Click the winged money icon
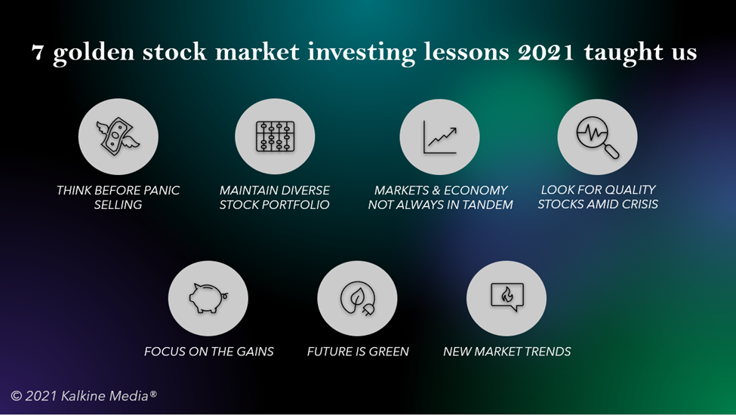(x=118, y=136)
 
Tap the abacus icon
(x=275, y=137)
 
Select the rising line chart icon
(x=440, y=137)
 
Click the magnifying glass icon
(x=598, y=137)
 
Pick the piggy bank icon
(x=208, y=298)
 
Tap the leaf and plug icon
(x=357, y=298)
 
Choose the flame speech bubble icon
(x=507, y=297)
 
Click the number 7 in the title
(x=37, y=53)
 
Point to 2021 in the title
(x=546, y=52)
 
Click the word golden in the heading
(x=94, y=53)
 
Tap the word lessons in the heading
(x=466, y=51)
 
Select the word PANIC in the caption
(x=162, y=190)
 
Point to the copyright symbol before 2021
(x=17, y=396)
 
